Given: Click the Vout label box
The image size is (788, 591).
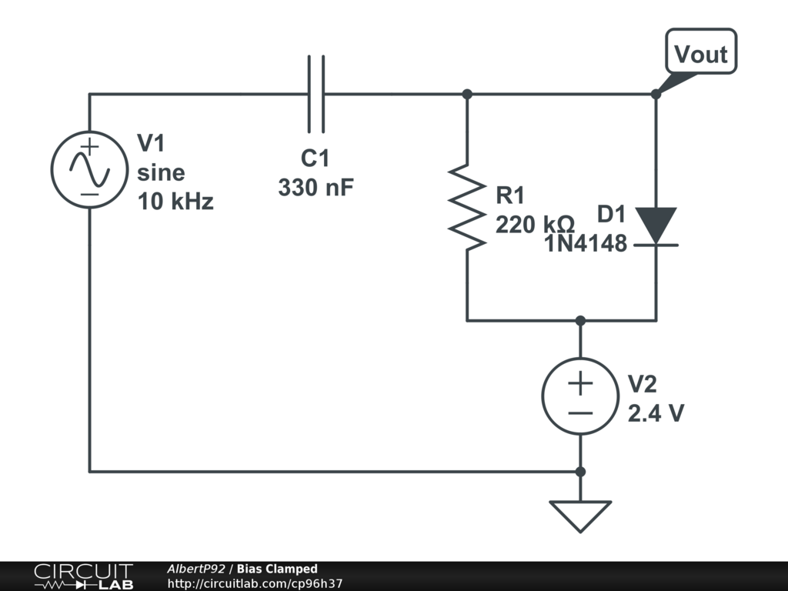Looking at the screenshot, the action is click(701, 52).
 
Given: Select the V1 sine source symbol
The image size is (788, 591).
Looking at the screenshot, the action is click(89, 170).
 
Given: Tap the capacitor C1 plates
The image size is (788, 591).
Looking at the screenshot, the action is click(316, 94).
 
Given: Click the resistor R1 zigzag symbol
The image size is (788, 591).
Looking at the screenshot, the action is click(467, 207).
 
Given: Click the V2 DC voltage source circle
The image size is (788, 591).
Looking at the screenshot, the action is click(580, 396).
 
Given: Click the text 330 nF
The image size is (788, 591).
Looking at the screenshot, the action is click(316, 188).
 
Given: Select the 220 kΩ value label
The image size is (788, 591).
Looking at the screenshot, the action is click(535, 224).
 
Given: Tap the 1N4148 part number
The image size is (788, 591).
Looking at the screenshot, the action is click(586, 244).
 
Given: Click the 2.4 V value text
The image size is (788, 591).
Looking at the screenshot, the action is click(656, 413).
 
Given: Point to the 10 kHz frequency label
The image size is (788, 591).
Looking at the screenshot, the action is click(175, 202).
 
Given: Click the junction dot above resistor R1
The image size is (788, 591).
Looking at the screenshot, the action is click(467, 94).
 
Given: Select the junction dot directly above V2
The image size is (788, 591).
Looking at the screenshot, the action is click(580, 321).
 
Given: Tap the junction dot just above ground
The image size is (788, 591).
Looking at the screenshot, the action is click(580, 472).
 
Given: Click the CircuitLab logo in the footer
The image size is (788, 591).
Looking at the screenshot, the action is click(83, 576).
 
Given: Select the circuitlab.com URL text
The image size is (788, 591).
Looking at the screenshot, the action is click(255, 583).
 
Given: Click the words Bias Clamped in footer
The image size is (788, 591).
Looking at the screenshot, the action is click(277, 569).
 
